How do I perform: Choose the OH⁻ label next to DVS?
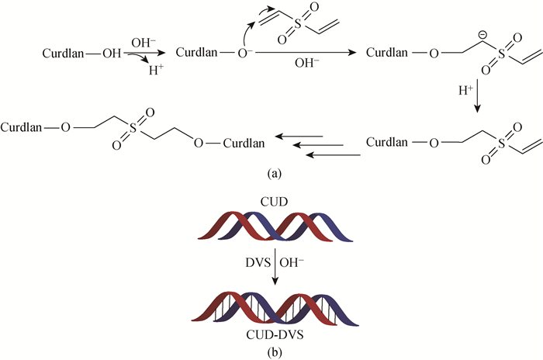click(289, 263)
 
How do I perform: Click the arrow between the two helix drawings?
click(271, 264)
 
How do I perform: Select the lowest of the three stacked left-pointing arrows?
click(334, 155)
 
